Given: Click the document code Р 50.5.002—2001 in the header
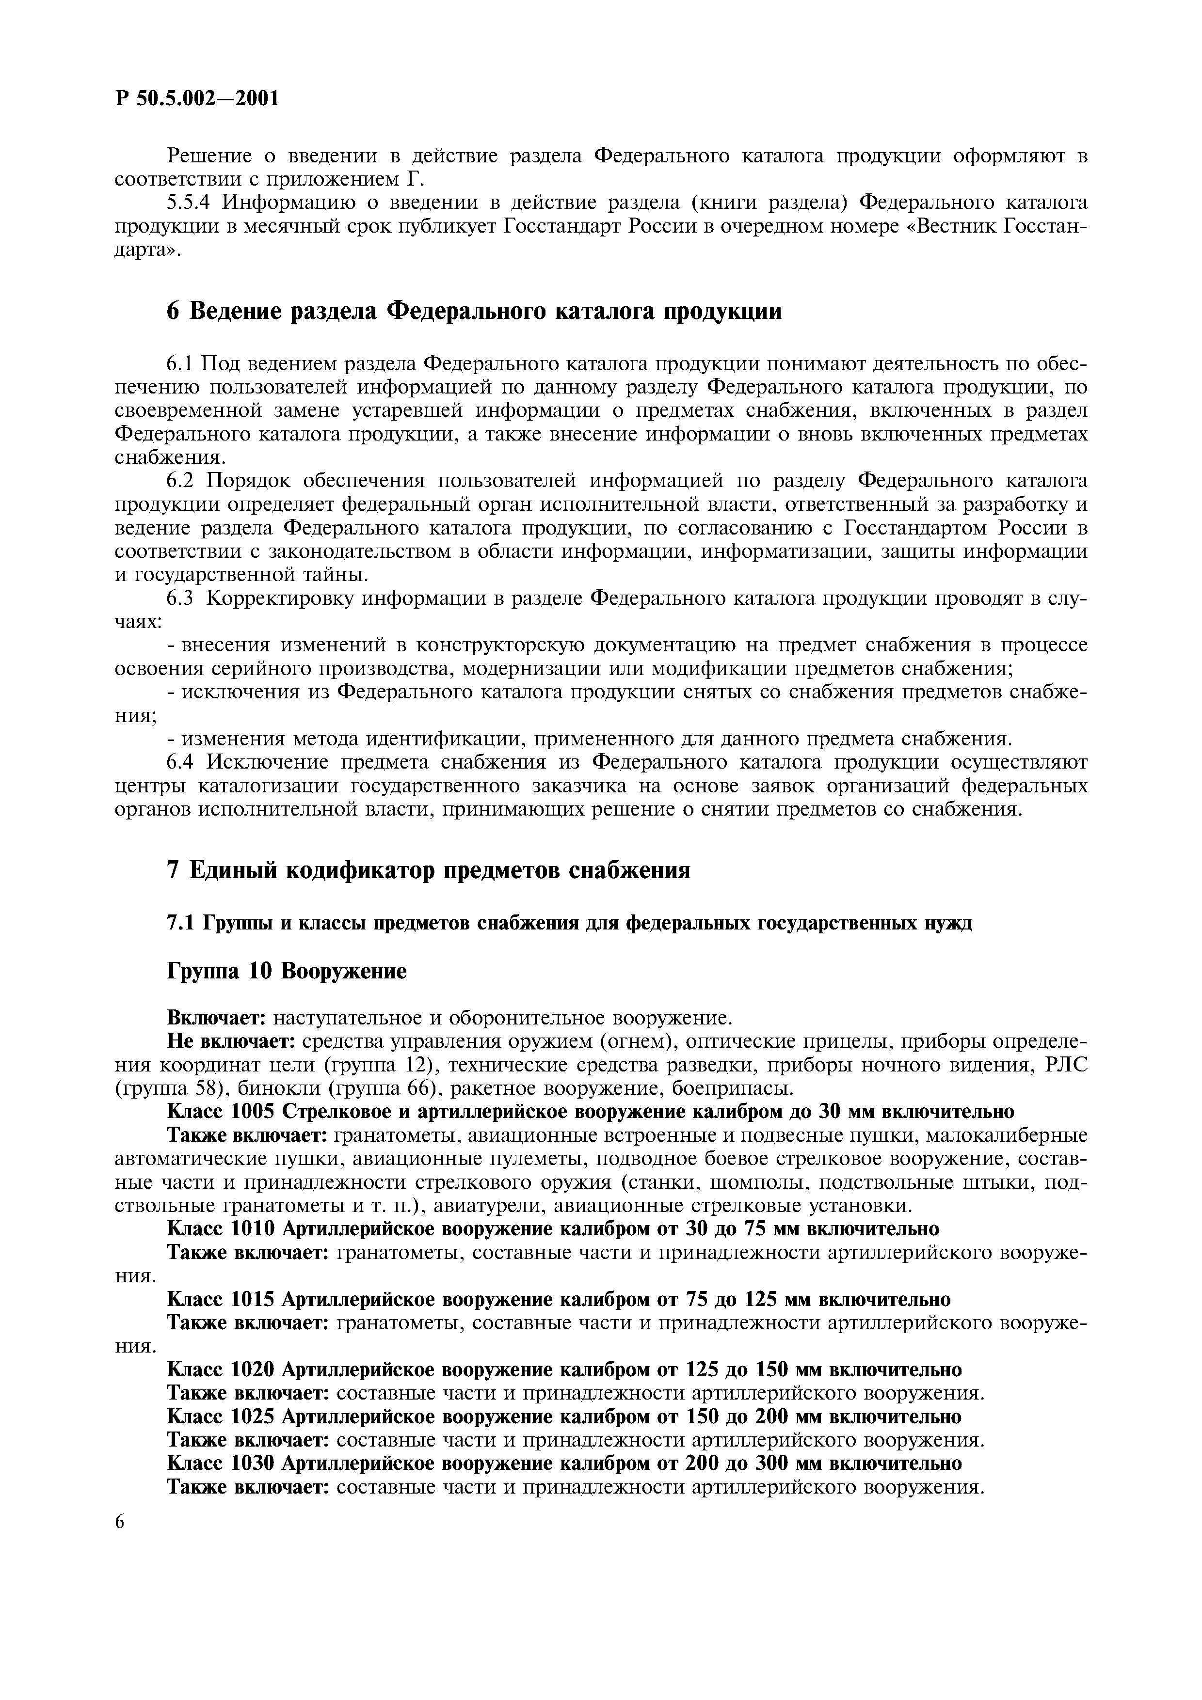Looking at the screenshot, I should click(x=197, y=98).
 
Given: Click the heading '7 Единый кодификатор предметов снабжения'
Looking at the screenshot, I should click(x=429, y=870).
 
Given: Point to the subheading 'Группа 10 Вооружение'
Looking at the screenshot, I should click(x=288, y=971).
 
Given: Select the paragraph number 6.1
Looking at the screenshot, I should click(x=180, y=363).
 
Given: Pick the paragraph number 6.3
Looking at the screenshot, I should click(x=180, y=598).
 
